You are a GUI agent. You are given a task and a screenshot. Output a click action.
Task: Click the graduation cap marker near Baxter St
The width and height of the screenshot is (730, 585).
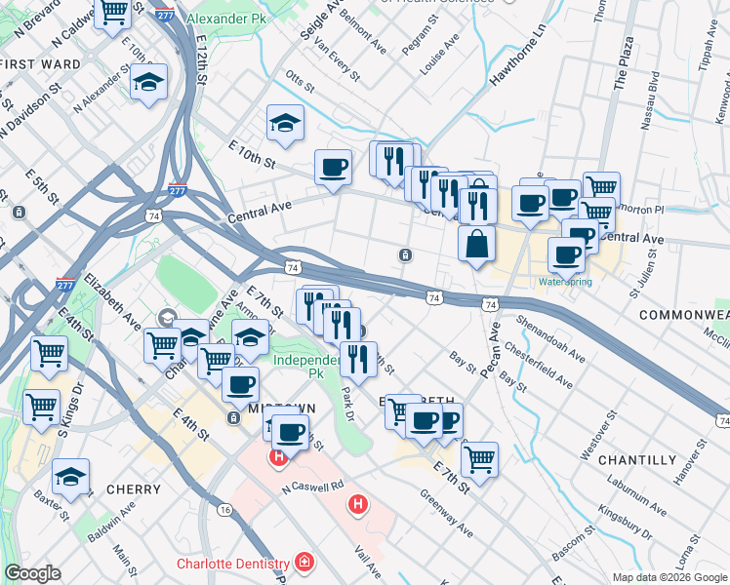pyautogui.click(x=70, y=477)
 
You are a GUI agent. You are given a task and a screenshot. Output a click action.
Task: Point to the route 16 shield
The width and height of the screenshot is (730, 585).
pyautogui.click(x=224, y=510)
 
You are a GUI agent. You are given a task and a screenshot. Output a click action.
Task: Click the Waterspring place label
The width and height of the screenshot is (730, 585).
pyautogui.click(x=565, y=282)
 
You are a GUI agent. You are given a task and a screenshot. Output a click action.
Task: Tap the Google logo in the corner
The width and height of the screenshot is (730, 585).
pyautogui.click(x=33, y=572)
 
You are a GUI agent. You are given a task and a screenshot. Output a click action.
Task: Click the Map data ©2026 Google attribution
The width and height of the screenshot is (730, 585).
pyautogui.click(x=669, y=577)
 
